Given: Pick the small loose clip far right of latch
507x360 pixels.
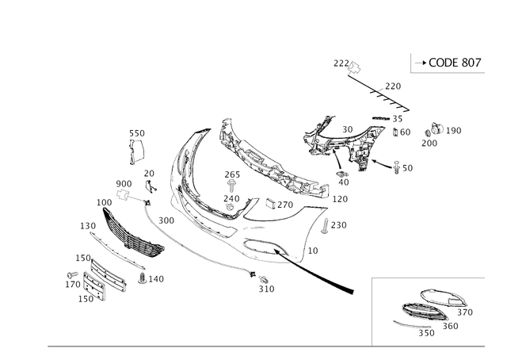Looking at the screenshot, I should tap(432, 135).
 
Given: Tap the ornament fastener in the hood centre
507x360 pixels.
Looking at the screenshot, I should tap(231, 194).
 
